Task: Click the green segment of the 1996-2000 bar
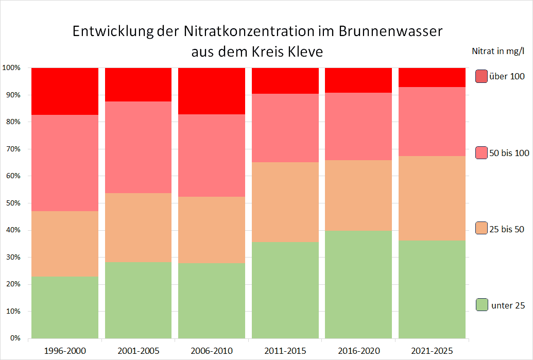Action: (x=65, y=307)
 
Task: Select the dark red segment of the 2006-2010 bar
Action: (x=212, y=91)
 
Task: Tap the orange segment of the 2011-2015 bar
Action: (x=285, y=202)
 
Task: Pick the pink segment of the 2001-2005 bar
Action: (x=138, y=147)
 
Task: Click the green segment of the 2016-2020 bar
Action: (x=358, y=284)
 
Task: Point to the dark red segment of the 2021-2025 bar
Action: (x=432, y=77)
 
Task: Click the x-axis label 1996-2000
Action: (x=65, y=351)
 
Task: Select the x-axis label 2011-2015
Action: (x=285, y=351)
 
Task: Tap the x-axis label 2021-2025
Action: (x=432, y=351)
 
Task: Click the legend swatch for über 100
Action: (x=482, y=76)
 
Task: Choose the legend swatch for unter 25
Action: (x=482, y=305)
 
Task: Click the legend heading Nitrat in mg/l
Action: (x=498, y=50)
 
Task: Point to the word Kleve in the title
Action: (x=303, y=52)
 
